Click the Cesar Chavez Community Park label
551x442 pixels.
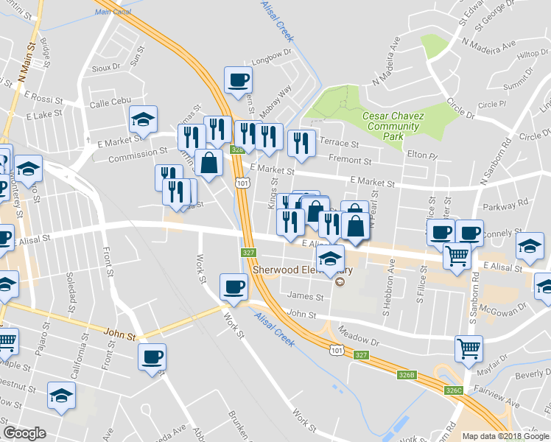390,126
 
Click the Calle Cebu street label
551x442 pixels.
110,104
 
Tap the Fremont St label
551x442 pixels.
351,160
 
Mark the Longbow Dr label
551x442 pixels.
272,53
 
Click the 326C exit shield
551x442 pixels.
454,390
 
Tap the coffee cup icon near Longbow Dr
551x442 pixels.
238,80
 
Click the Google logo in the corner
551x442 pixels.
24,433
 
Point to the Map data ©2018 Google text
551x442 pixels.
505,436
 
